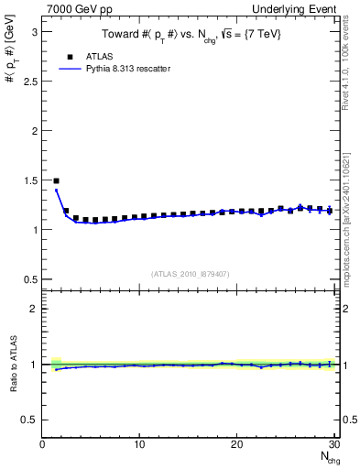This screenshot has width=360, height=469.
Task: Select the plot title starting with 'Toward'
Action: pyautogui.click(x=191, y=36)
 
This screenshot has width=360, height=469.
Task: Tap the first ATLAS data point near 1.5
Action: pyautogui.click(x=57, y=181)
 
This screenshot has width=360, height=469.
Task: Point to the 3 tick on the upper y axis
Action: pyautogui.click(x=34, y=32)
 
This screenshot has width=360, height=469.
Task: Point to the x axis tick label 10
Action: pyautogui.click(x=139, y=444)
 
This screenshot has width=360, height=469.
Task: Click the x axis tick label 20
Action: pyautogui.click(x=236, y=444)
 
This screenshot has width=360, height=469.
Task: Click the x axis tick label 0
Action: pyautogui.click(x=43, y=444)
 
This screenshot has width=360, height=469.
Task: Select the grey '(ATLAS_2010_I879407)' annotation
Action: pyautogui.click(x=190, y=272)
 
